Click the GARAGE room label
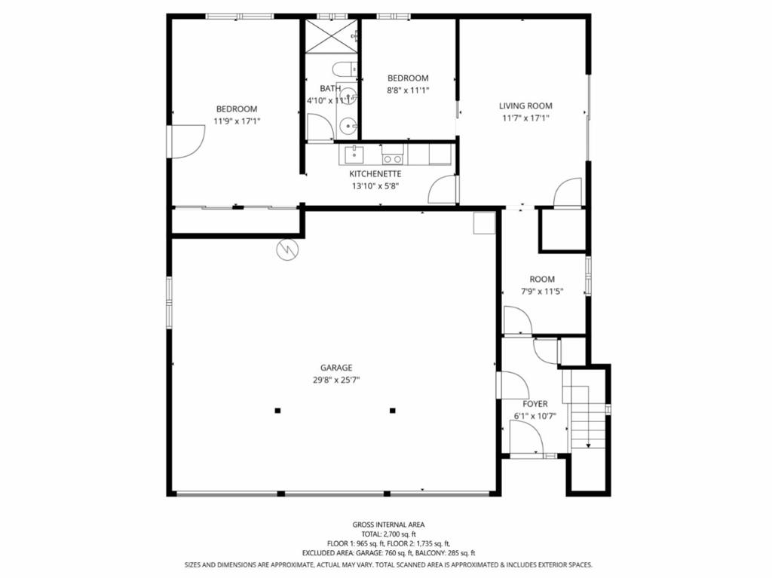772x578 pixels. pos(336,367)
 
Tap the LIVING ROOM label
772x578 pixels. pos(525,106)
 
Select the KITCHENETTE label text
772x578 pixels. pos(375,174)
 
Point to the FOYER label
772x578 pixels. pos(535,404)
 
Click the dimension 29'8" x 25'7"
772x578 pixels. pos(336,380)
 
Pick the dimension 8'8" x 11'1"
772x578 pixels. pos(408,90)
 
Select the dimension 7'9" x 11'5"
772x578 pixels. pos(542,291)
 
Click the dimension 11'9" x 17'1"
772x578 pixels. pos(237,121)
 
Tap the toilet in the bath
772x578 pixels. pos(345,69)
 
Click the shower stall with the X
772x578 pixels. pos(331,36)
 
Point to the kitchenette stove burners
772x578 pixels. pos(392,158)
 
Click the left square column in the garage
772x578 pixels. pos(277,410)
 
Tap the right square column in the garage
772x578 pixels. pos(392,410)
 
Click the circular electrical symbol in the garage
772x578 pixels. pos(287,249)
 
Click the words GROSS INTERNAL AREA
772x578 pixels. pos(388,524)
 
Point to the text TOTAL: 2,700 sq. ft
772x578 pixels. pos(388,534)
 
